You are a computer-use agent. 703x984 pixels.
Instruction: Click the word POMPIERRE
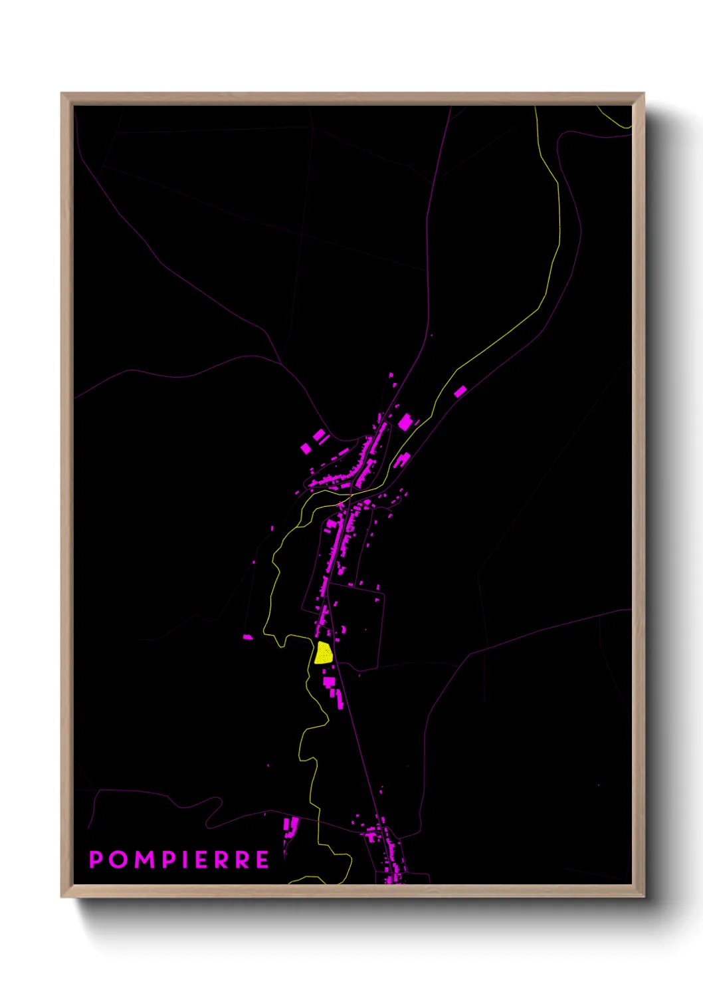(179, 860)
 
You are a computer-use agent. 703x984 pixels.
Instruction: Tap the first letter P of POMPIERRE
(96, 860)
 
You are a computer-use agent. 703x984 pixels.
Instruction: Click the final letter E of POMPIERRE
(262, 860)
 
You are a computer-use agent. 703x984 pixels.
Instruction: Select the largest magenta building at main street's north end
(405, 422)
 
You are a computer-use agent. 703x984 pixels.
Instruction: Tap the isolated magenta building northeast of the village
(460, 391)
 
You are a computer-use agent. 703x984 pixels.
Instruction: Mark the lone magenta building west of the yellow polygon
(248, 637)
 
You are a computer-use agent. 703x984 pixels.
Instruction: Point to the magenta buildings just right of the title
(290, 827)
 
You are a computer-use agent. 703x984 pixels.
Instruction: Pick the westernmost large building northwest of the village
(306, 448)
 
